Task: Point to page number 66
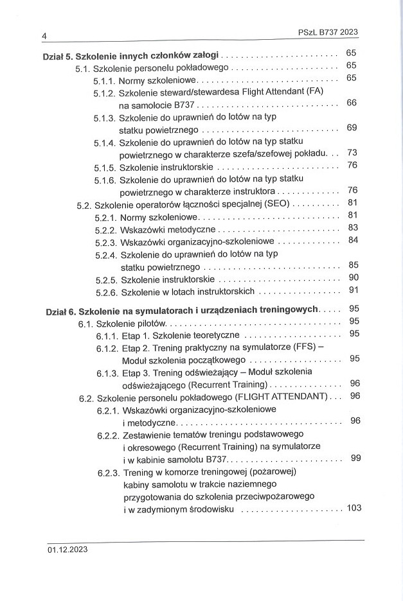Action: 351,103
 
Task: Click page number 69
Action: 351,128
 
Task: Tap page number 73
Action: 351,153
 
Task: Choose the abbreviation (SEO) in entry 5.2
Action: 278,205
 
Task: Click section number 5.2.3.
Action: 106,242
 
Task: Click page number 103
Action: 354,508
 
